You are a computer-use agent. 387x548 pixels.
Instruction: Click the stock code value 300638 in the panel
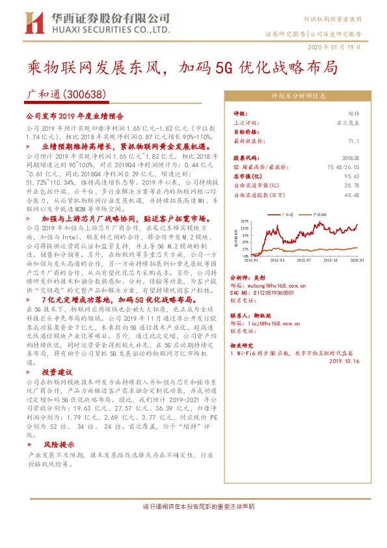(350, 158)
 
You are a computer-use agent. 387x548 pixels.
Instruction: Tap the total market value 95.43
(351, 176)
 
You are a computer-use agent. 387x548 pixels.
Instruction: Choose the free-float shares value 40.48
(351, 194)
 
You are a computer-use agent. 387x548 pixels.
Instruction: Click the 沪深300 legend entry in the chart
(322, 213)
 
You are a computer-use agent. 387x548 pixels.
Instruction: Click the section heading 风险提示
(56, 445)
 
